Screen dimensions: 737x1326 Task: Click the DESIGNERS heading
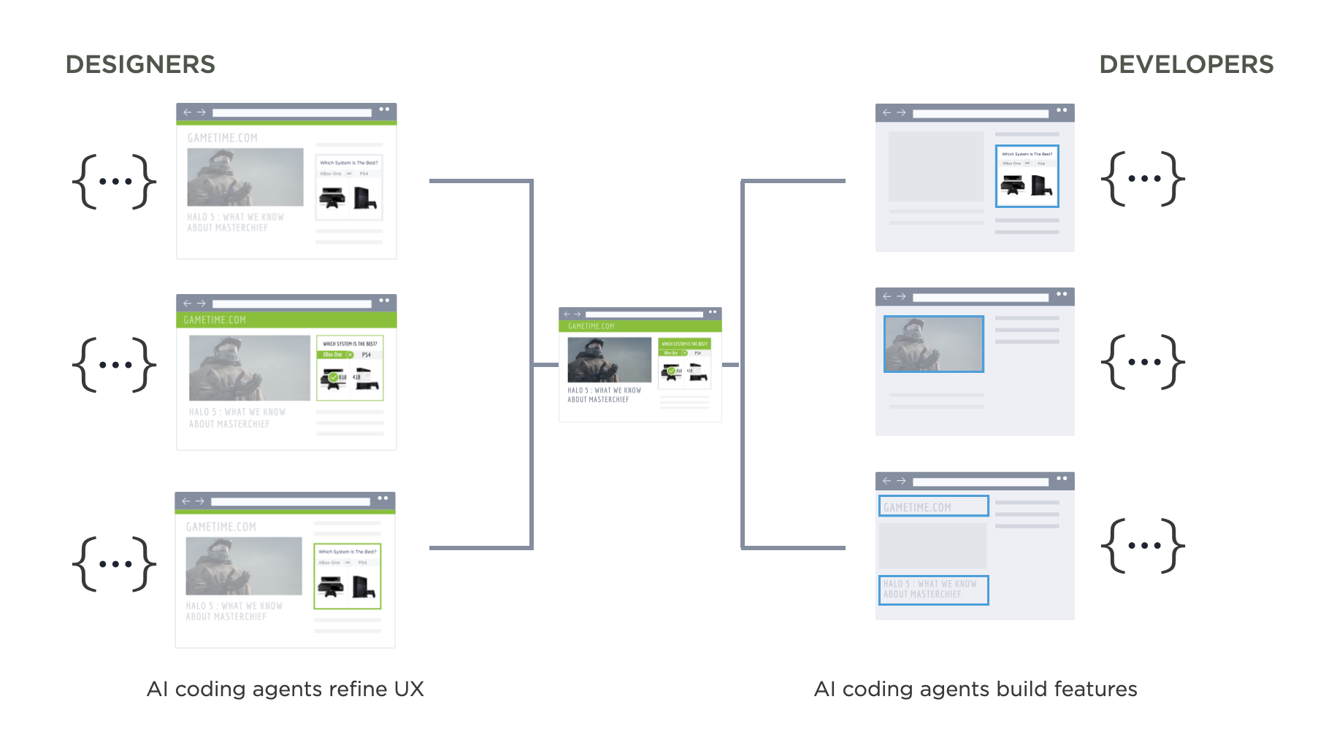(140, 64)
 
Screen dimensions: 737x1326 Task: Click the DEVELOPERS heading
(1186, 64)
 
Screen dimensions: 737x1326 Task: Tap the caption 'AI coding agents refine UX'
(285, 689)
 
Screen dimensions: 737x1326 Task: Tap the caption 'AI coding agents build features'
(975, 689)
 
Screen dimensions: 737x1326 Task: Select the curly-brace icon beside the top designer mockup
(114, 182)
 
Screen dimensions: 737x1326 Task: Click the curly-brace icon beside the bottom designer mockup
(114, 563)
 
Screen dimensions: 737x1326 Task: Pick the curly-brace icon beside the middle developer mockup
(1143, 362)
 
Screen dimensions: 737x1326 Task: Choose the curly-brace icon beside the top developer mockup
(1143, 178)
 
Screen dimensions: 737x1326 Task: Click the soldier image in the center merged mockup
(609, 359)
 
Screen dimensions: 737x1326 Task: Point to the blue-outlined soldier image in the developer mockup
(933, 344)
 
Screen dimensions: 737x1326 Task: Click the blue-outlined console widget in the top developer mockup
(1027, 176)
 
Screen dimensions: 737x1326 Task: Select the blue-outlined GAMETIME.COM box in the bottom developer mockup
(933, 506)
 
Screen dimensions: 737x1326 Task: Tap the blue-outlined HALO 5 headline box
(933, 590)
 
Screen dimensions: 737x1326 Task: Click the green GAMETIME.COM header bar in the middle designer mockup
(286, 320)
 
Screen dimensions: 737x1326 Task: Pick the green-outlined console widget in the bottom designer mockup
(348, 576)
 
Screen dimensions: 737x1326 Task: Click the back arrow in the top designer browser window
(188, 112)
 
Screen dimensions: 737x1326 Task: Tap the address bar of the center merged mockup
(643, 314)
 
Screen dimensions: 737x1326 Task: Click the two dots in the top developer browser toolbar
(1062, 111)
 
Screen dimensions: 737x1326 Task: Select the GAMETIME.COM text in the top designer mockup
(223, 138)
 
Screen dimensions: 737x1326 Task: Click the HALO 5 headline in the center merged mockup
(604, 395)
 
